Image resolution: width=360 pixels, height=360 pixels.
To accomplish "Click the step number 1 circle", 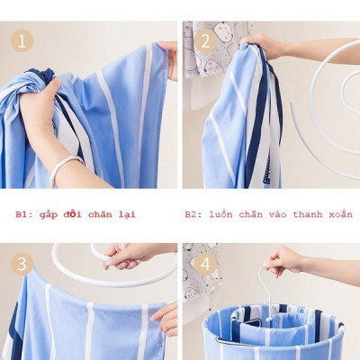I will [x=22, y=40].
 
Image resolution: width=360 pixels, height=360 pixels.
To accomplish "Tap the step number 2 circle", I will [x=205, y=40].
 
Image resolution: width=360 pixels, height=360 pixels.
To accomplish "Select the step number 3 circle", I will [x=22, y=264].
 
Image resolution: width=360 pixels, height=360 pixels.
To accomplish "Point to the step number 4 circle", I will [x=205, y=265].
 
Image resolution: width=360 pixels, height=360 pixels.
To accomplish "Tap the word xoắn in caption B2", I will [x=338, y=215].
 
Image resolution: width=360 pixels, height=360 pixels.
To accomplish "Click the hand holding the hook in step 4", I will [x=286, y=261].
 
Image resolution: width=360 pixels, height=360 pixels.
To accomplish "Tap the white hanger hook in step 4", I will [x=265, y=286].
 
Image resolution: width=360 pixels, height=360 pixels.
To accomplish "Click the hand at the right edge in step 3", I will [x=166, y=318].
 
